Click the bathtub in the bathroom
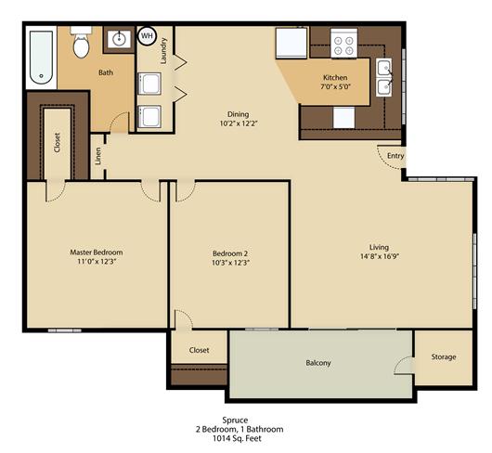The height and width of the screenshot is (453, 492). coord(42,57)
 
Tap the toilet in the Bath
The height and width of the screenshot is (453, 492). coord(80,43)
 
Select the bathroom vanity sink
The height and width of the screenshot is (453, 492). coord(118,40)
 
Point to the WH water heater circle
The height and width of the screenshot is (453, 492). coord(147,36)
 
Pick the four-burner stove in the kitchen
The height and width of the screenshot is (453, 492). coord(344,43)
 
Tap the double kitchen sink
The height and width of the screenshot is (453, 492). coord(384,77)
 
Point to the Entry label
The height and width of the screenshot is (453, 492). coord(395,156)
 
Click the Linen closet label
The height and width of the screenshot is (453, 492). coord(98,158)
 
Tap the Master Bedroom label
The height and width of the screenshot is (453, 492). coord(97,252)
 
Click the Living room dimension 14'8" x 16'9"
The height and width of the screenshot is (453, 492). coord(379,257)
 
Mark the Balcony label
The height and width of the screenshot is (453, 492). coord(317,362)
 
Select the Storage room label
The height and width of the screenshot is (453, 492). coord(444,356)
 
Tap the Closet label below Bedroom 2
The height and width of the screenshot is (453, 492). coord(199,350)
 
